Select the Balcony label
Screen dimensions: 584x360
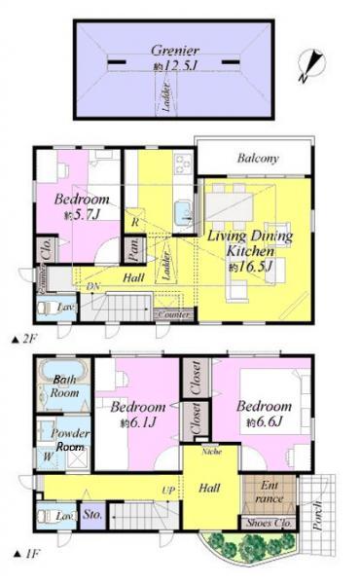click(x=258, y=158)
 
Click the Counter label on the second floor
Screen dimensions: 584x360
click(x=173, y=315)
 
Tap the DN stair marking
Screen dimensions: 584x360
click(x=93, y=288)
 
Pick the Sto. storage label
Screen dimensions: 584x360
click(x=92, y=514)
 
